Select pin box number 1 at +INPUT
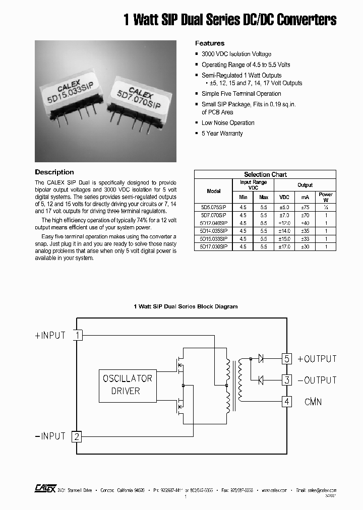point(78,335)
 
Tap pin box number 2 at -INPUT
point(77,436)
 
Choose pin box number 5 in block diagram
point(287,359)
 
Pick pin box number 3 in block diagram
point(287,380)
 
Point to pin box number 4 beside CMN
point(287,402)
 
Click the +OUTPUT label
point(317,359)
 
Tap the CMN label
point(313,402)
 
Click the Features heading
point(210,43)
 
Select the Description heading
point(54,172)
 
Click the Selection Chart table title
point(265,174)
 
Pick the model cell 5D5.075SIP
point(213,207)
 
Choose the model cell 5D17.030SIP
point(213,247)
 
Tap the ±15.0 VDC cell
point(284,239)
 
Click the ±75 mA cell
point(305,207)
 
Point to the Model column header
point(214,191)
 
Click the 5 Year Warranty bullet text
point(222,134)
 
